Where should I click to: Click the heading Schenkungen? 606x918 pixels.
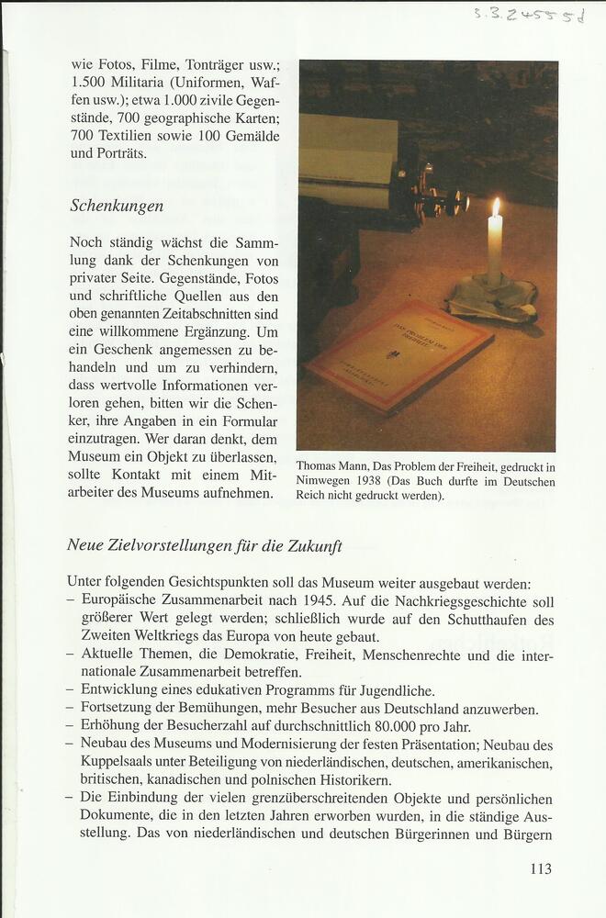117,207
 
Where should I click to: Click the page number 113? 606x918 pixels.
542,868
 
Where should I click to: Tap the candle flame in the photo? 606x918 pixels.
496,207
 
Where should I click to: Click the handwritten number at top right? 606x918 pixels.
528,14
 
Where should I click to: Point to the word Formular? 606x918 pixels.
244,426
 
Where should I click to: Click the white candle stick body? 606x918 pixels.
495,252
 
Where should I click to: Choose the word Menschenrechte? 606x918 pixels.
412,655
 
